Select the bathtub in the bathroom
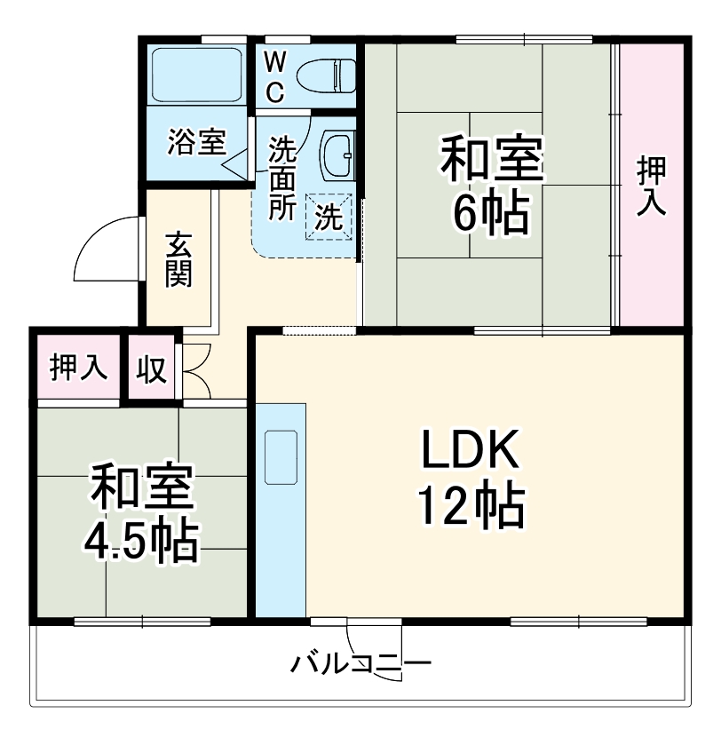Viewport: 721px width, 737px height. pos(197,75)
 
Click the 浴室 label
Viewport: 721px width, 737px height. pos(196,142)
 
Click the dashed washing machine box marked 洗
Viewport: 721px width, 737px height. pos(329,217)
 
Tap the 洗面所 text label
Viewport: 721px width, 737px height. pos(283,178)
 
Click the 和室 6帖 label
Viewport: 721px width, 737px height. pos(491,184)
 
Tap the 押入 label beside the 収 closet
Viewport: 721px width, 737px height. pos(78,368)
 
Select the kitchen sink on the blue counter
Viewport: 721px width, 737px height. pos(281,456)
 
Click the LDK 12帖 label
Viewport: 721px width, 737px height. pos(471,479)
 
